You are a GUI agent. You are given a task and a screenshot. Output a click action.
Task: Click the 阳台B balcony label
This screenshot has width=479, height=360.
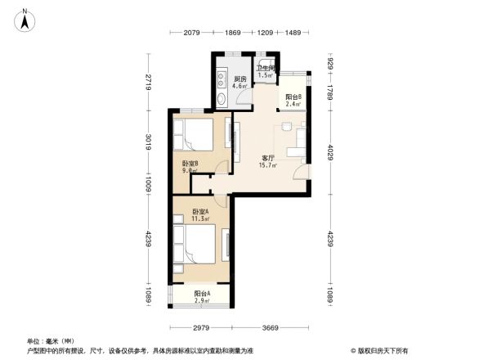pyautogui.click(x=293, y=101)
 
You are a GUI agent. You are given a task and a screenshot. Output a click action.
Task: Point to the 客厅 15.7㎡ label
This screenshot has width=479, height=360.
pyautogui.click(x=267, y=161)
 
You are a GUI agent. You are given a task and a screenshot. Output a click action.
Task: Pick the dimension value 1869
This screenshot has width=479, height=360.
pyautogui.click(x=233, y=32)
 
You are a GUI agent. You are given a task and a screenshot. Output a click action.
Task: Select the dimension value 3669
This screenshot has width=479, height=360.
pyautogui.click(x=272, y=327)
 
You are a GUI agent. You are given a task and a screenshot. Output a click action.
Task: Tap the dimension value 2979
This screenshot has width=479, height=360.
pyautogui.click(x=201, y=327)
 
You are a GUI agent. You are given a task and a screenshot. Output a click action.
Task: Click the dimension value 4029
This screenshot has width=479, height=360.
pyautogui.click(x=329, y=152)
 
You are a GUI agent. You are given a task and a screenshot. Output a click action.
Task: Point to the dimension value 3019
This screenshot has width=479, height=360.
pyautogui.click(x=149, y=142)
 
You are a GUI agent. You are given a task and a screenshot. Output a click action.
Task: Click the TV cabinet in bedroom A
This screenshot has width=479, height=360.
pyautogui.click(x=226, y=245)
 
